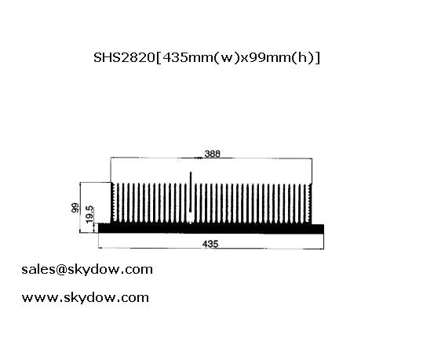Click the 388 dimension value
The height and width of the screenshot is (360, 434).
[213, 153]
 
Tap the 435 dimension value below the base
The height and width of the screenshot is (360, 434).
[210, 244]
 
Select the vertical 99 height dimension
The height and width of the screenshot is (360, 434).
[75, 208]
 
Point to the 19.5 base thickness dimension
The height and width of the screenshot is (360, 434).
[89, 215]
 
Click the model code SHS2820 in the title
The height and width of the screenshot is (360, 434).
[124, 58]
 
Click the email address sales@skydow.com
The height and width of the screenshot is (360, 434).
[87, 269]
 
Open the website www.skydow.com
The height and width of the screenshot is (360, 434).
[86, 298]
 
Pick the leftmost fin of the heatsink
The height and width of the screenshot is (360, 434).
[113, 202]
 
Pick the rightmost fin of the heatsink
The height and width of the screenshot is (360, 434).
[310, 203]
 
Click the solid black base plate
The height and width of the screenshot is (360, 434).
[211, 228]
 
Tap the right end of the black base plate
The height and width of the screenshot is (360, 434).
[323, 229]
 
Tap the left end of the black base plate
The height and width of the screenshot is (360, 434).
[99, 228]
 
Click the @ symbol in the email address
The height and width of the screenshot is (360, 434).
[61, 270]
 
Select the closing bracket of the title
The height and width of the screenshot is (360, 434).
[318, 58]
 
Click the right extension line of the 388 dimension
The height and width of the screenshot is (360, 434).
[312, 171]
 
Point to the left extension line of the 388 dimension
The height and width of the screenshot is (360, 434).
[111, 170]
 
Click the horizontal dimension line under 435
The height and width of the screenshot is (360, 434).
[211, 248]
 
